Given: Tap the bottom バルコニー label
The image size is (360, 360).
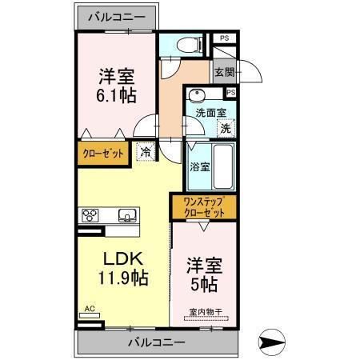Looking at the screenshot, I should coord(157,342).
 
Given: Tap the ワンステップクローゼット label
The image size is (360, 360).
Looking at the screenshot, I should coord(204,208).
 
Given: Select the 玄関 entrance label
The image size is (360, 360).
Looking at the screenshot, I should coord(224,73).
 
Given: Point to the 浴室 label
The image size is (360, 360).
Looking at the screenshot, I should coord(199,167).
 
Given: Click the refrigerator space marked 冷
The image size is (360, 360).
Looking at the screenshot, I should coord(146,151).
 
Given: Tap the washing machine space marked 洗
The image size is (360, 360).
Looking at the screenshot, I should coord(226,128).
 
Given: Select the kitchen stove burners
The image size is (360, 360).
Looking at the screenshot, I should coord(90,215).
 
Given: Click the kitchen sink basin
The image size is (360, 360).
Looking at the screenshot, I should coord(127,215).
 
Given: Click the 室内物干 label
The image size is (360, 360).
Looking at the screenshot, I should coord(204,311).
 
